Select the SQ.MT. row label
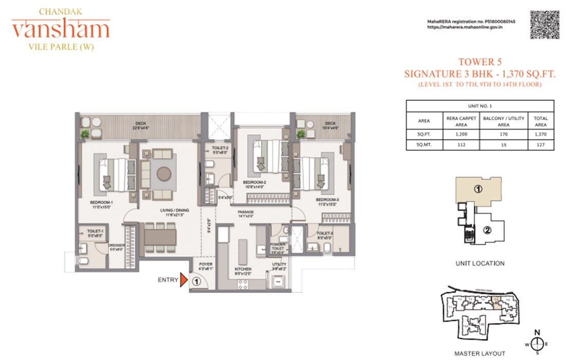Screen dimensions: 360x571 click(x=424, y=145)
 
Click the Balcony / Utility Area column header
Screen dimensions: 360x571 click(x=504, y=121)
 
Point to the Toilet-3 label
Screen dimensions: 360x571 click(x=324, y=235)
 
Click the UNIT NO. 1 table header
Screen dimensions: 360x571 click(x=481, y=106)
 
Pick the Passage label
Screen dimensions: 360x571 click(x=246, y=213)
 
